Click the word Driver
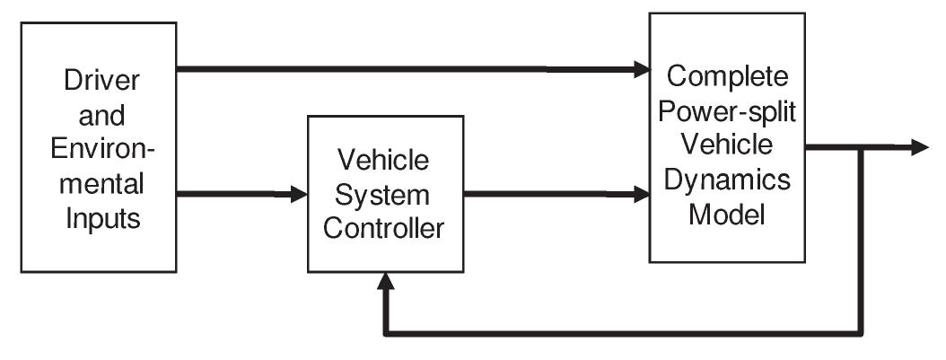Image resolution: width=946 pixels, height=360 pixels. click(x=101, y=81)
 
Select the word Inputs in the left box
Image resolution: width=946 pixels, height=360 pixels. click(x=101, y=220)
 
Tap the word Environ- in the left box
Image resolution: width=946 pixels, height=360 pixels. click(x=101, y=151)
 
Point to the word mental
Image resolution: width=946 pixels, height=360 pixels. click(x=101, y=186)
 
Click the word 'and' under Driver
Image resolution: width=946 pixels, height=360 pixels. click(x=101, y=116)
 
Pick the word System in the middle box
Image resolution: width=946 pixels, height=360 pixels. click(x=385, y=195)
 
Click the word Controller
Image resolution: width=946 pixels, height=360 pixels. click(x=385, y=229)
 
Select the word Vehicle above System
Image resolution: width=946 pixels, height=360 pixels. click(x=385, y=161)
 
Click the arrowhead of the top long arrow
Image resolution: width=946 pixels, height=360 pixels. click(x=641, y=68)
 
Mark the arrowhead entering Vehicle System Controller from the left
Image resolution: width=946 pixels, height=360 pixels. click(x=299, y=193)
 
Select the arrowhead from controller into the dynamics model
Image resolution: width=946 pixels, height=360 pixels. click(x=641, y=193)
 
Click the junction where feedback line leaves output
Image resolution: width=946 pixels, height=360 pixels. click(x=863, y=148)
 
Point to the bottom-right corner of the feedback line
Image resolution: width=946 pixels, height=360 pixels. click(x=863, y=334)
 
